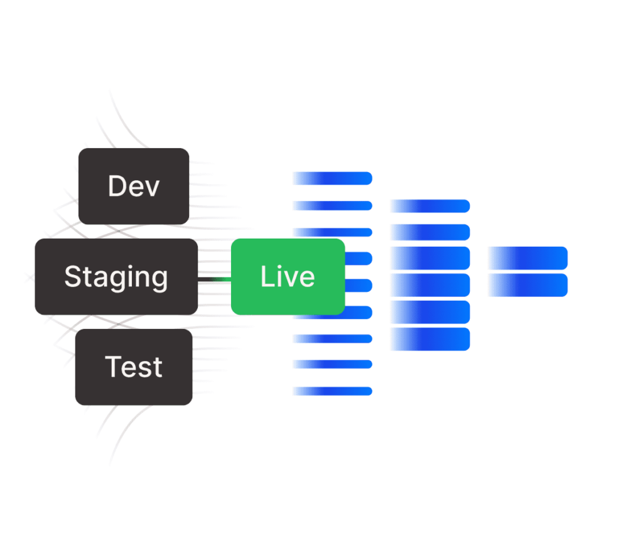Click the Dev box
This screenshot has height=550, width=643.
[x=134, y=186]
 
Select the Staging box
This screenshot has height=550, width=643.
[x=116, y=277]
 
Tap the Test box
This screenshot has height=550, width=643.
[x=134, y=367]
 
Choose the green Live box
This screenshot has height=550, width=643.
[x=288, y=277]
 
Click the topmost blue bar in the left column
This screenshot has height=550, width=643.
[x=332, y=178]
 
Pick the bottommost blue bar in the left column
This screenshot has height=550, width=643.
[x=332, y=391]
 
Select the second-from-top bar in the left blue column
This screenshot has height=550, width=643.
[x=332, y=205]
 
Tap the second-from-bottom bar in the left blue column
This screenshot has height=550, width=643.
[x=332, y=364]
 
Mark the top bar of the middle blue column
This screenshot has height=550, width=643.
[x=430, y=206]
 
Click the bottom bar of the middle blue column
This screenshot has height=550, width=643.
[x=430, y=339]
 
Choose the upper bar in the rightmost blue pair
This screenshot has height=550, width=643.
[x=527, y=258]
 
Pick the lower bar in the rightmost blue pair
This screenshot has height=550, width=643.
[x=527, y=285]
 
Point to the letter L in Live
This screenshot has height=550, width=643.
[x=266, y=277]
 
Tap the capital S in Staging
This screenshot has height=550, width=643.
[x=73, y=277]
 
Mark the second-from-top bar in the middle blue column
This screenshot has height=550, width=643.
[x=430, y=232]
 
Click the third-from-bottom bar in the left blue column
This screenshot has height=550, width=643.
[x=332, y=338]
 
